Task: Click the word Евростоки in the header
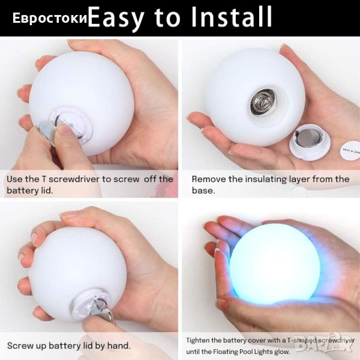(50, 18)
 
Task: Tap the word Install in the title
(232, 17)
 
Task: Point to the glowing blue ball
(275, 263)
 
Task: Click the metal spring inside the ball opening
(263, 103)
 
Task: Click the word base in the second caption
(203, 190)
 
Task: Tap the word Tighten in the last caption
(197, 340)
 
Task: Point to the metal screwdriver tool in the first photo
(46, 133)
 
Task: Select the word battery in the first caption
(21, 190)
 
